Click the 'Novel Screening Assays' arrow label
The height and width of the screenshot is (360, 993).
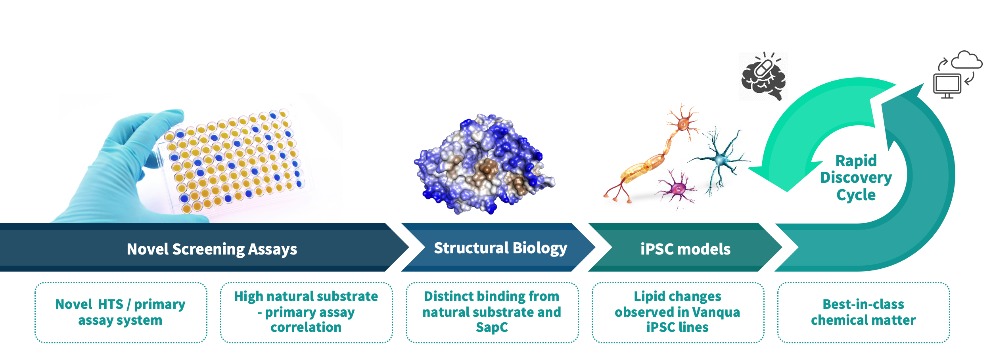coord(212,249)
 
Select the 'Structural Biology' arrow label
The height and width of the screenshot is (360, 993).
coord(500,248)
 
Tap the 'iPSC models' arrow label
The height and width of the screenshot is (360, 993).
coord(685,249)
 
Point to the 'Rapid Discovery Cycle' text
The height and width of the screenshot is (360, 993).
coord(856,178)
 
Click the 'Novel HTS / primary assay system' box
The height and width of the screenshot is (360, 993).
coord(121,312)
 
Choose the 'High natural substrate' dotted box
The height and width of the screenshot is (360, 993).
coord(307,312)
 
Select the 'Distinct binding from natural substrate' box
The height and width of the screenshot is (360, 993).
coord(492,312)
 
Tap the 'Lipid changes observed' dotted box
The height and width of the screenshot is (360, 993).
coord(678,312)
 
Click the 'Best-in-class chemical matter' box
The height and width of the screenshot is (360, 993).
coord(863,312)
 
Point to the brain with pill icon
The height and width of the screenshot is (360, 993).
coord(763,76)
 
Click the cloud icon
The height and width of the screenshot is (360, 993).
coord(967,60)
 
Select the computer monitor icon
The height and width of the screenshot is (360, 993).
coord(947,86)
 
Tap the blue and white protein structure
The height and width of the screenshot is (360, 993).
coord(484,164)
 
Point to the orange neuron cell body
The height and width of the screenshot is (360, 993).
coord(683,124)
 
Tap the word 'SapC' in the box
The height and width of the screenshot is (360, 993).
coord(492,327)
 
